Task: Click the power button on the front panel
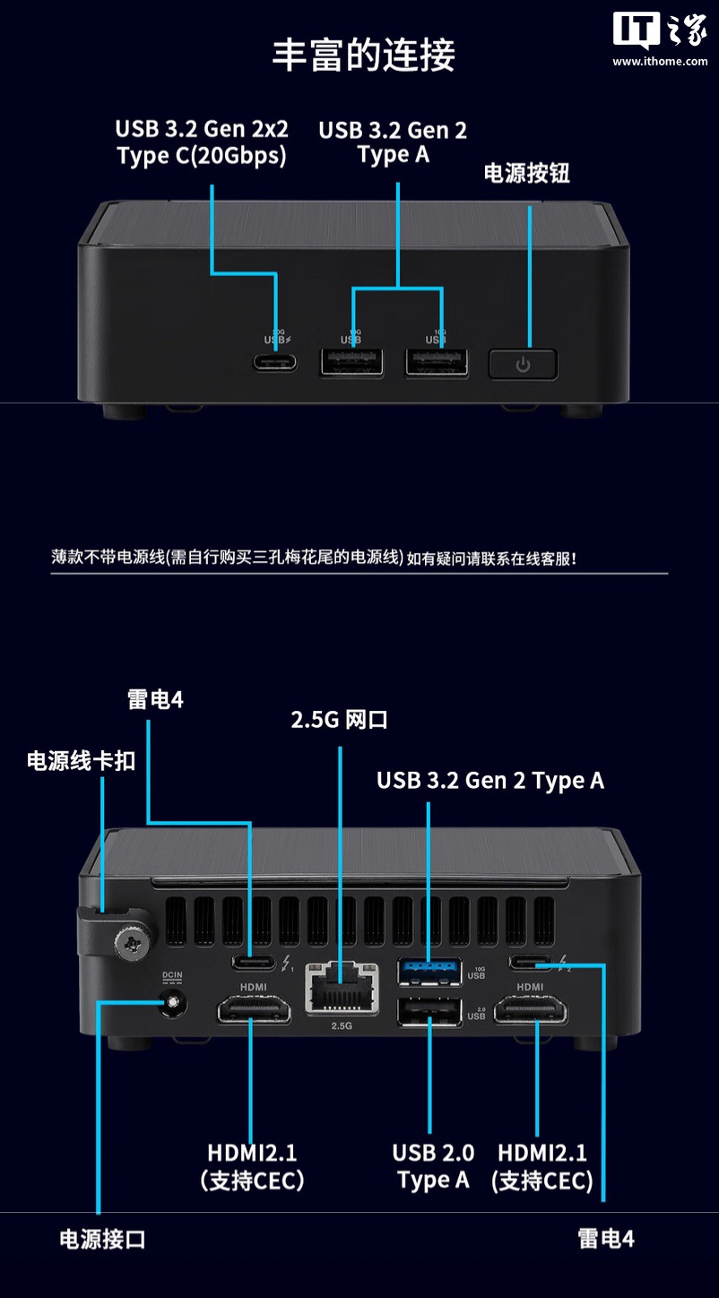point(523,364)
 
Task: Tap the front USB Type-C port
point(276,362)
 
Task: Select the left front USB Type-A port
point(351,361)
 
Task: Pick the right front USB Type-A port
point(437,361)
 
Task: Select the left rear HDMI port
point(253,1012)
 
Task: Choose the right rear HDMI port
point(531,1012)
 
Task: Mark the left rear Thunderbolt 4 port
point(254,963)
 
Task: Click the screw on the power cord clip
point(132,942)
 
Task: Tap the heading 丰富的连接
point(363,55)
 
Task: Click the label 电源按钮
point(526,173)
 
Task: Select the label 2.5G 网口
point(339,720)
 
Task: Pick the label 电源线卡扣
point(81,761)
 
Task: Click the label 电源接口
point(102,1239)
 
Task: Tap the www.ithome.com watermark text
point(660,61)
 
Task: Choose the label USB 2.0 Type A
point(433,1166)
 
